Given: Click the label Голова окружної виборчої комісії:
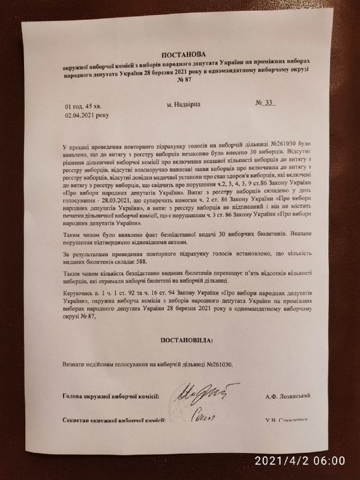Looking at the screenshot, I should coord(111,396).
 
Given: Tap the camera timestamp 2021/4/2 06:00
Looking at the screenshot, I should coord(300,461).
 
